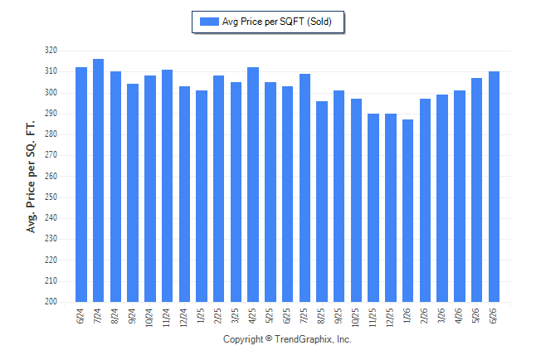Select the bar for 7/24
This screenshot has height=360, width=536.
point(98,181)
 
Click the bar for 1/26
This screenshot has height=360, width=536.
point(408,211)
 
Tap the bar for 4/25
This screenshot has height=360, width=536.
point(253,185)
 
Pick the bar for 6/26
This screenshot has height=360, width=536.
point(494,187)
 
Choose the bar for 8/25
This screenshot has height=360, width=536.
point(322,202)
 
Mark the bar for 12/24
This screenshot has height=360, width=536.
point(184,194)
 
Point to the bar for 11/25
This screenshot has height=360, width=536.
point(373,208)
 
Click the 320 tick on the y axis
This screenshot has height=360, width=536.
point(51,51)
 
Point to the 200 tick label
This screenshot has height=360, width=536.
point(51,302)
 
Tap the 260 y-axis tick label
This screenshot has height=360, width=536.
point(51,177)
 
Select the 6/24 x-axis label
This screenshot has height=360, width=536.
point(81,316)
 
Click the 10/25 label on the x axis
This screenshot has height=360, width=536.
point(356,318)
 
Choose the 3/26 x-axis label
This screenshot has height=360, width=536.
point(442,316)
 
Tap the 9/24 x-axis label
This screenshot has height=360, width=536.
point(133,316)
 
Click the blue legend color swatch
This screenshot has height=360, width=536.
point(209,22)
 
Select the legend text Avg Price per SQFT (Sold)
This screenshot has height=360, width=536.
point(277,22)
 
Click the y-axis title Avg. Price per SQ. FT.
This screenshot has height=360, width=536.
point(31,177)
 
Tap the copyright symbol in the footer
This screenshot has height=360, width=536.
point(269,338)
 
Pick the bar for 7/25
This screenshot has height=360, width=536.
point(305,188)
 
